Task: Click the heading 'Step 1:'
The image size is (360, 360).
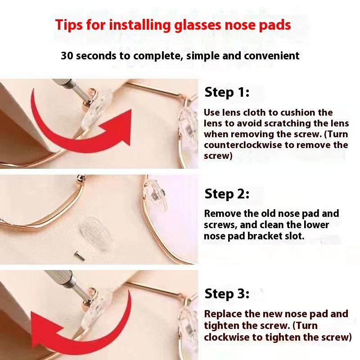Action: (x=227, y=93)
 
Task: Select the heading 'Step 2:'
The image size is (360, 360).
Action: (x=227, y=194)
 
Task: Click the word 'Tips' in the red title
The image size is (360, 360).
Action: (x=69, y=24)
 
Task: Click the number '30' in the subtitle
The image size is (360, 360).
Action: (x=67, y=56)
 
